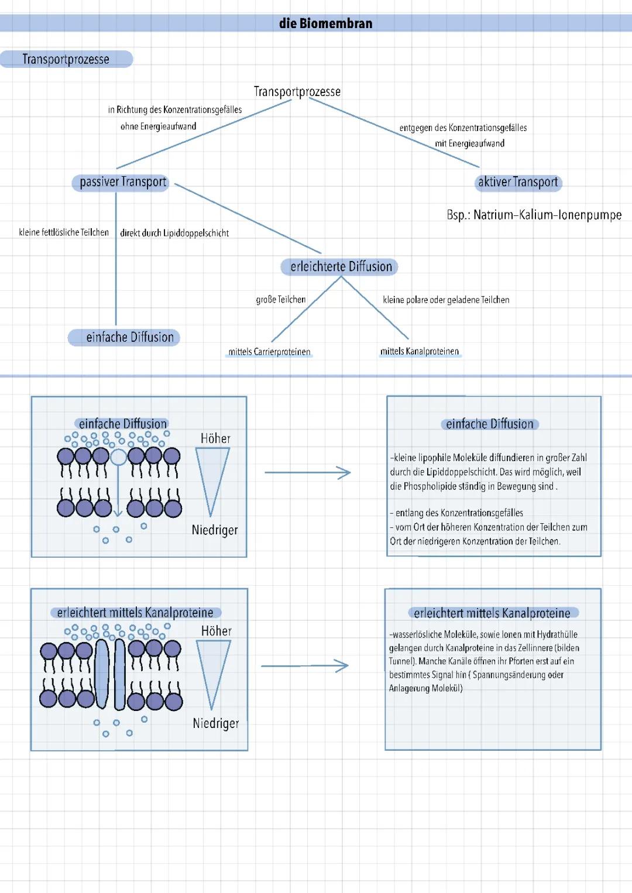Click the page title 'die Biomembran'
click(x=325, y=23)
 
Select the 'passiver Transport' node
click(x=123, y=182)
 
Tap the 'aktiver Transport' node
click(x=518, y=182)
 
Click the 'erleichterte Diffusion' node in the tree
click(x=341, y=267)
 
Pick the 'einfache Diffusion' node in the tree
click(x=130, y=337)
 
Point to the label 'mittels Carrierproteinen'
click(x=269, y=352)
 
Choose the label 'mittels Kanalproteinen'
click(x=420, y=351)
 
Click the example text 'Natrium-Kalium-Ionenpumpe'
click(x=547, y=215)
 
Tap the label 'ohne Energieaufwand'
click(x=158, y=126)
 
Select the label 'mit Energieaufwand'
click(x=469, y=143)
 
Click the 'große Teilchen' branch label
click(x=281, y=300)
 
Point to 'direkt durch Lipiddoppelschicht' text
click(x=174, y=233)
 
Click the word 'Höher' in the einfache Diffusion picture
click(x=215, y=438)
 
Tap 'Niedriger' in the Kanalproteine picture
click(x=216, y=723)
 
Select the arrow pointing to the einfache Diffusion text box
click(x=307, y=472)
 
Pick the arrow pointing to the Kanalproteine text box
click(x=305, y=666)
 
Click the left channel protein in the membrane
click(x=102, y=674)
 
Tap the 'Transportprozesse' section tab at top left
click(x=66, y=59)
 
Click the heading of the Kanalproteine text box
click(x=492, y=613)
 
